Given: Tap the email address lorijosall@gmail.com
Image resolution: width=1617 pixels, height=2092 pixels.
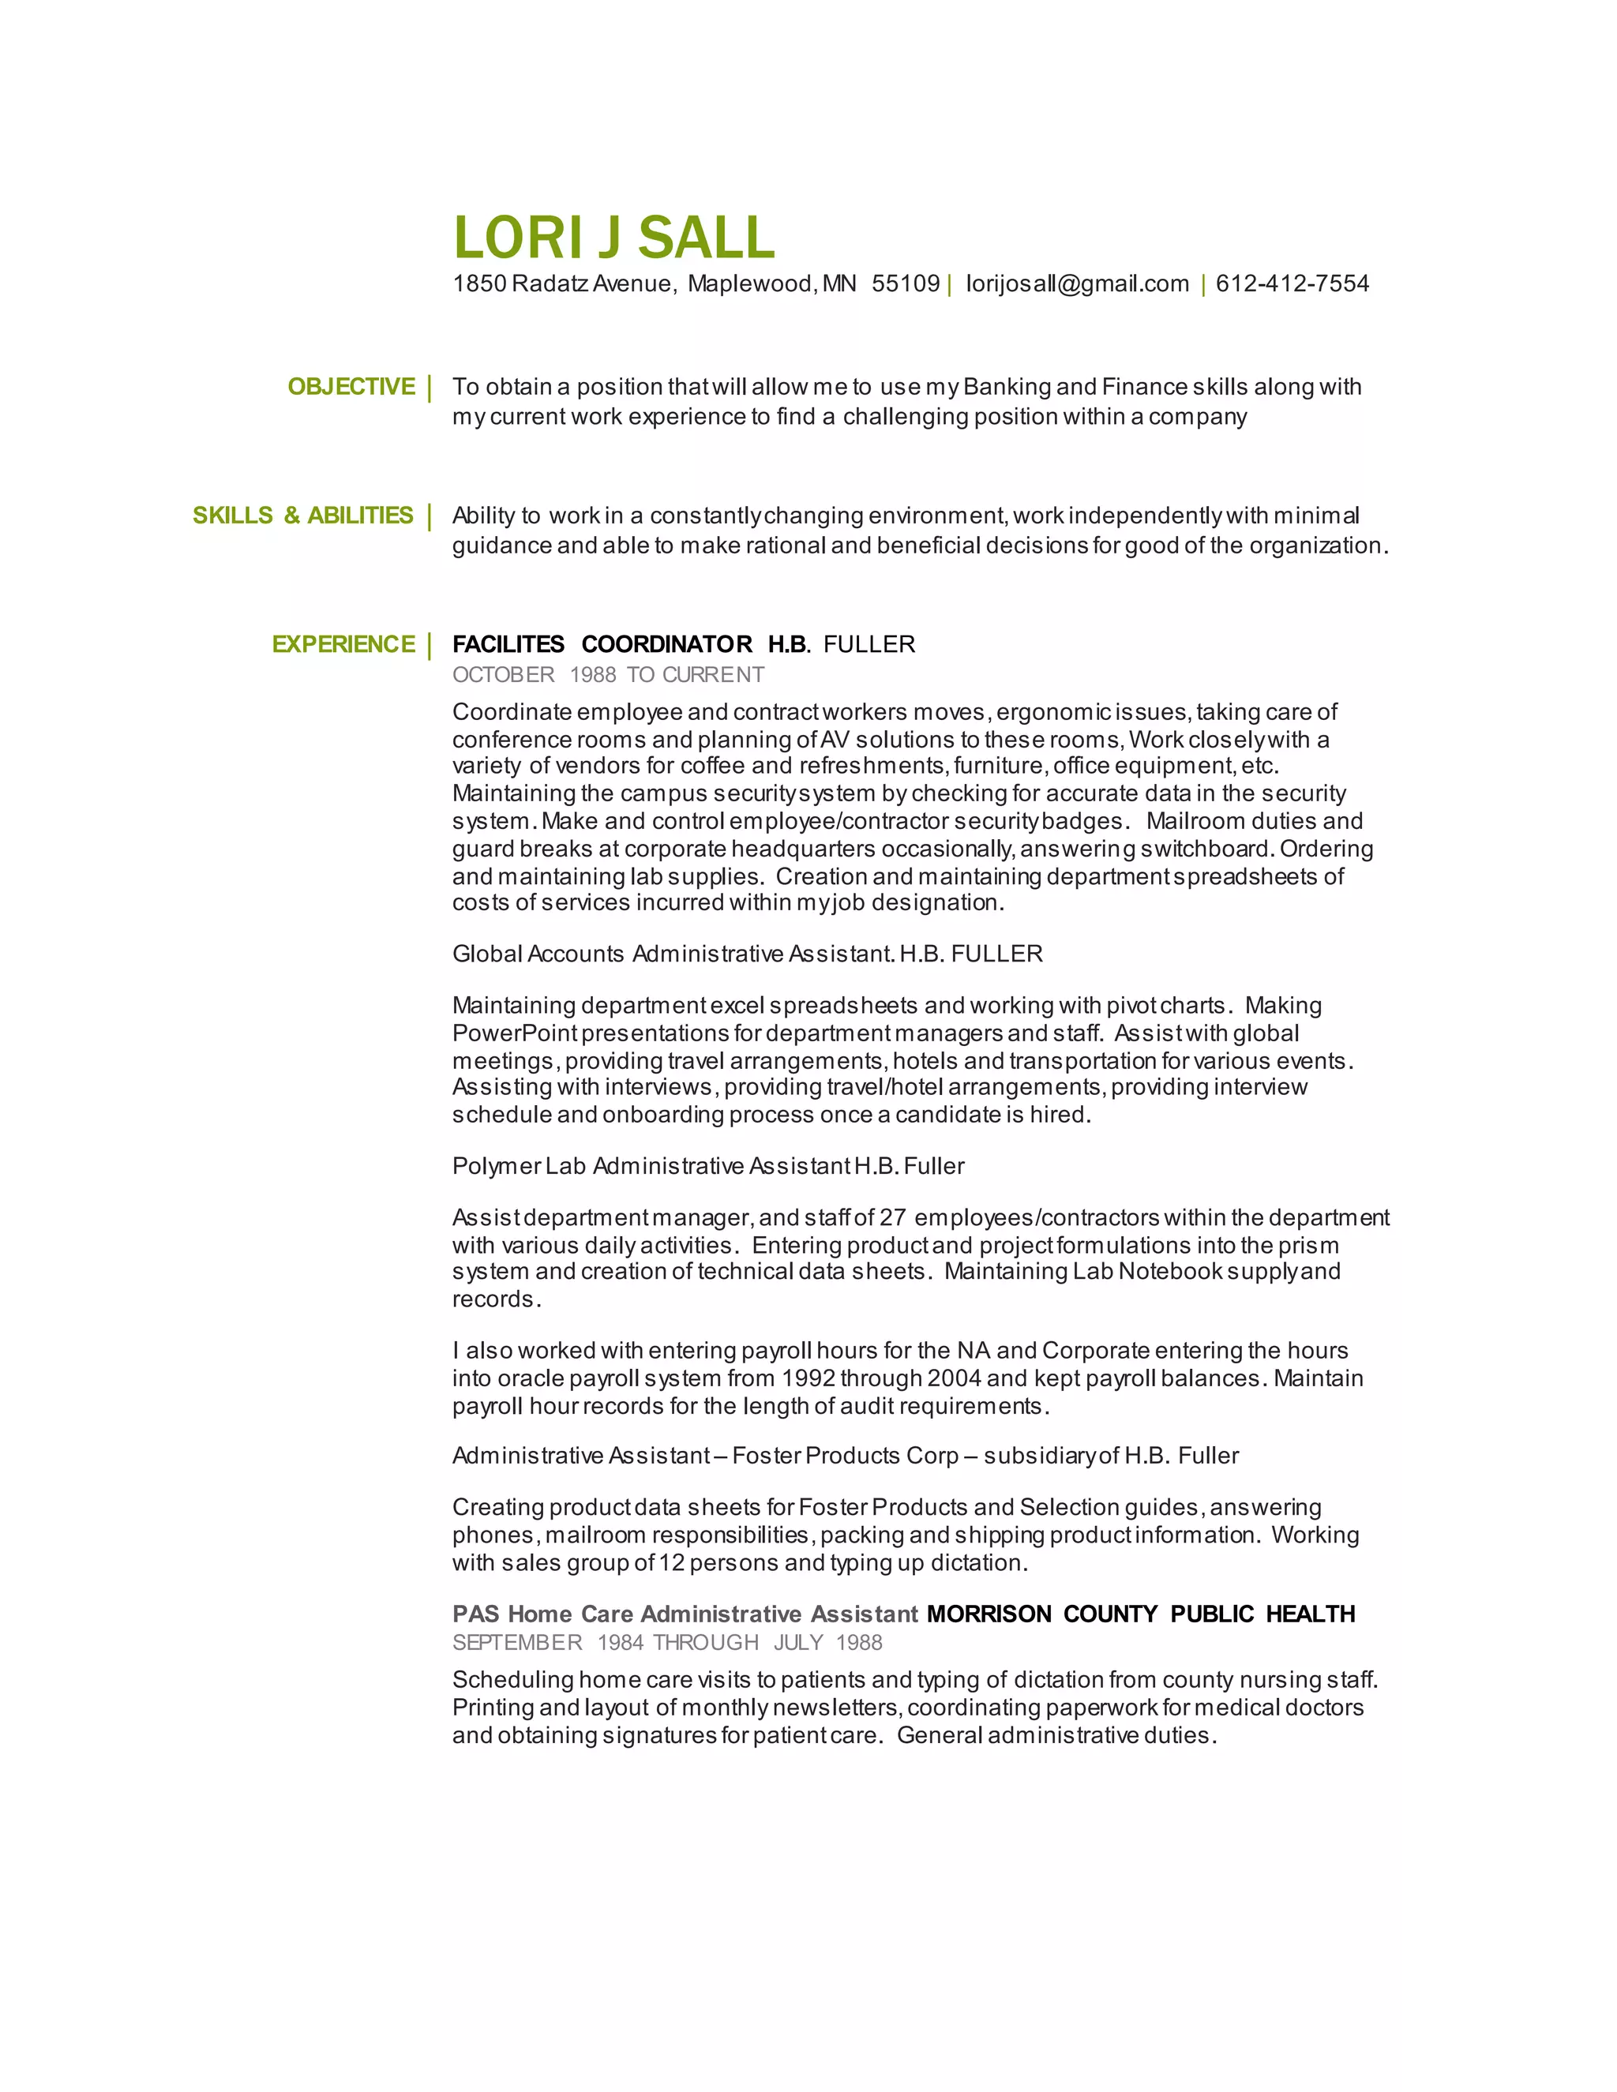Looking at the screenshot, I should (1077, 283).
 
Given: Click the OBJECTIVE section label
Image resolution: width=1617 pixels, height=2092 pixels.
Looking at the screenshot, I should (351, 387).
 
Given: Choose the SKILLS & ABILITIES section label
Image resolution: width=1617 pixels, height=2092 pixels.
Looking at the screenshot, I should (302, 516).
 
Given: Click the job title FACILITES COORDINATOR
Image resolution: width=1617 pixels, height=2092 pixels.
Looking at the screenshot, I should (602, 645).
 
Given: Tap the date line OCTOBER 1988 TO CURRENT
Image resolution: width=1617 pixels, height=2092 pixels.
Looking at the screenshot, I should (607, 675).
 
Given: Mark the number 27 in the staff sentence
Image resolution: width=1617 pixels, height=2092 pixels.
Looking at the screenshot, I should (892, 1217).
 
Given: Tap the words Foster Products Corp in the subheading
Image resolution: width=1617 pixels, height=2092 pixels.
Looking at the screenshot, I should (845, 1456).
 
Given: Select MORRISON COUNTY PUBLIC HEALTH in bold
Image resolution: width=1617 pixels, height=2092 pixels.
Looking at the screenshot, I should (1140, 1614).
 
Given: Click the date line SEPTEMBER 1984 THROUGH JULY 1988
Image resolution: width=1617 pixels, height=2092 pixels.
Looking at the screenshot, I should (666, 1643).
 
